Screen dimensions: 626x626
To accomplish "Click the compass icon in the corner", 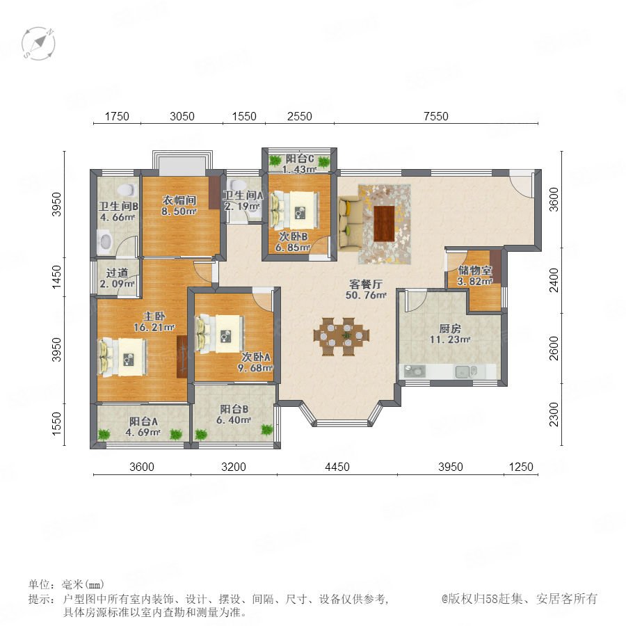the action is tap(38, 43).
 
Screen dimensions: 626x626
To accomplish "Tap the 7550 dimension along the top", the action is tap(436, 116).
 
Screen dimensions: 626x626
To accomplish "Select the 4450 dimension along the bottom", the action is tap(337, 467).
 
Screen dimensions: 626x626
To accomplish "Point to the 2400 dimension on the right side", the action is tap(554, 280).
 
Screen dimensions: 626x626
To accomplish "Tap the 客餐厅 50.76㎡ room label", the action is tap(366, 289).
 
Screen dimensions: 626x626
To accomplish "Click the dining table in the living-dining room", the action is tap(342, 336).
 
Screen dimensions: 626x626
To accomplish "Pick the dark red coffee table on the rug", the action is tap(384, 223).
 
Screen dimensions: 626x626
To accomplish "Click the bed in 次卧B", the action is tap(295, 209).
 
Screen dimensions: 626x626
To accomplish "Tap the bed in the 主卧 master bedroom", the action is tap(123, 358).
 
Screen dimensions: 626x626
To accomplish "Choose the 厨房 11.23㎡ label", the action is tap(450, 334).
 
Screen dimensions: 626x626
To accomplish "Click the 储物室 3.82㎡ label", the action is tap(474, 275).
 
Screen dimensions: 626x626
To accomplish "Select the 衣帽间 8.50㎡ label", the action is tap(179, 205).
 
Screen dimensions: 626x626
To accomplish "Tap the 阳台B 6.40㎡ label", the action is tap(234, 415).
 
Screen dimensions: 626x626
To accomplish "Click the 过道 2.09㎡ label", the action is tap(118, 278).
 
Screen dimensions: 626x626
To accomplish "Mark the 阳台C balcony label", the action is tap(299, 159).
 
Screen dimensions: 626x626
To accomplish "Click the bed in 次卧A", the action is tap(220, 334).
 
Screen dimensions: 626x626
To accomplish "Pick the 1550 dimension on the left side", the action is tap(58, 424).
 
